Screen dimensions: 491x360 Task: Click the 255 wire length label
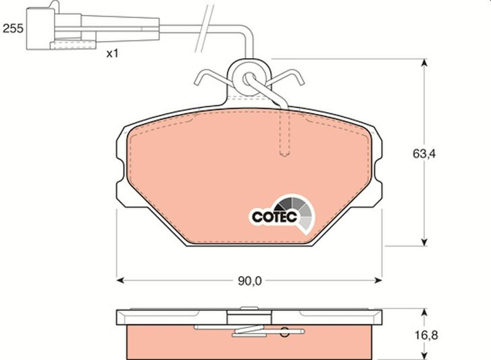tap(13, 28)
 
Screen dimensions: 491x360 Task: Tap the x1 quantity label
tap(112, 54)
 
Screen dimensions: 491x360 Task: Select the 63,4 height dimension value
tap(424, 154)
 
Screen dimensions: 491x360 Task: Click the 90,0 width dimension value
tap(250, 281)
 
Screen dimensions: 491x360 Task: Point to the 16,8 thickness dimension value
tap(426, 335)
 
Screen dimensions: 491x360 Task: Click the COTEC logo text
tap(274, 217)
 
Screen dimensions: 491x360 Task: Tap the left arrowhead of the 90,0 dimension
tap(120, 280)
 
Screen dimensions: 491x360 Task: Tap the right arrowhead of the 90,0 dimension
tap(378, 280)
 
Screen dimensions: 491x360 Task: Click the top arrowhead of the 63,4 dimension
tap(424, 63)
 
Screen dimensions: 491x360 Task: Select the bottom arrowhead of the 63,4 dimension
tap(424, 242)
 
